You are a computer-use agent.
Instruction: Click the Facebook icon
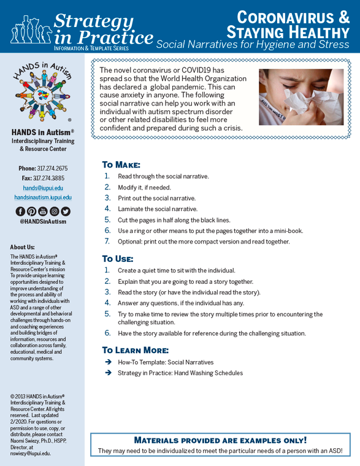tap(20, 212)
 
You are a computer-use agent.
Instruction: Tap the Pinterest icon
tap(31, 212)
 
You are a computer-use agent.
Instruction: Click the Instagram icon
tap(54, 212)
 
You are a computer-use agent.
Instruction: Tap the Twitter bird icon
tap(66, 212)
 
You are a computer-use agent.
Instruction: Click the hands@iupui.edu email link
tap(43, 188)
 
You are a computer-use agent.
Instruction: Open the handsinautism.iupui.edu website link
tap(43, 197)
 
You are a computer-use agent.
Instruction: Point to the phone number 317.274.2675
tap(52, 168)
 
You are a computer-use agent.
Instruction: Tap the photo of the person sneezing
tap(301, 97)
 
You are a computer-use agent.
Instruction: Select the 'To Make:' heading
tap(121, 165)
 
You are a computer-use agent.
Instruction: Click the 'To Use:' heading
tap(117, 259)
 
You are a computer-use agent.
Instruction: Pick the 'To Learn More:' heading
tap(136, 350)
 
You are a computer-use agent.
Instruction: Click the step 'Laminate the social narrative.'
tap(158, 209)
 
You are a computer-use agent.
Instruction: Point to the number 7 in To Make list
tap(107, 242)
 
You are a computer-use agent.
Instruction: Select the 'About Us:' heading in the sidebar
tap(22, 248)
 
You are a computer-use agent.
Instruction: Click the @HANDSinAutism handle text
tap(43, 221)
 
